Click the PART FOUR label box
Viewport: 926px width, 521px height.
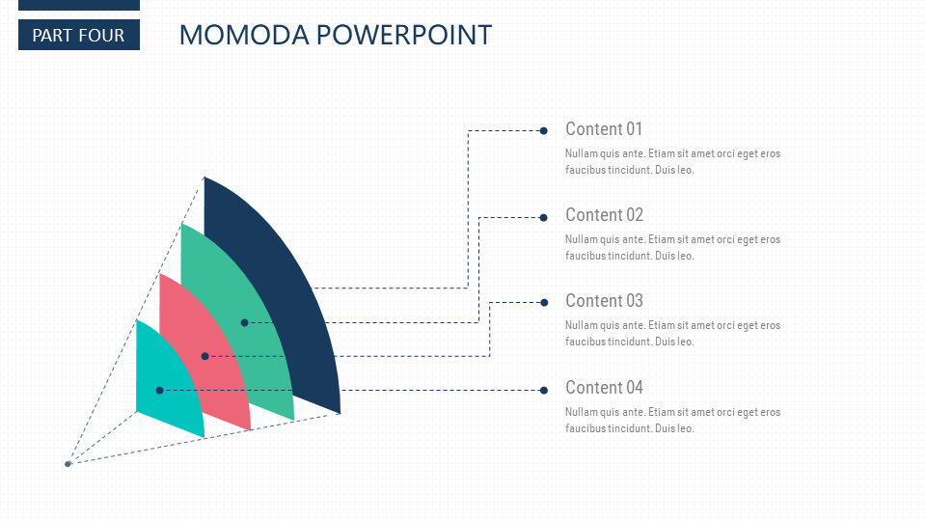tap(79, 35)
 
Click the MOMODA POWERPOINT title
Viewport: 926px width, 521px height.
tap(336, 35)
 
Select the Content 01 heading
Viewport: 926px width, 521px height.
tap(604, 128)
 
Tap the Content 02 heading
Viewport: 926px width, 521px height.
tap(604, 214)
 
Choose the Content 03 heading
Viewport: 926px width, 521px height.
tap(604, 301)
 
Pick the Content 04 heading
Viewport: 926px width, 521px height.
tap(604, 388)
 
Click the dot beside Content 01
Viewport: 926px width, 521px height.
tap(543, 130)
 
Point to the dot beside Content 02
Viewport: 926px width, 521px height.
tap(543, 217)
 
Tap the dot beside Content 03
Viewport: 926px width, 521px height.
tap(544, 302)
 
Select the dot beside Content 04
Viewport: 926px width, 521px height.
tap(543, 390)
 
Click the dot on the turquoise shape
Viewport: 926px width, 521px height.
tap(159, 391)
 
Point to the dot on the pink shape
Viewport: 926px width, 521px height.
tap(204, 356)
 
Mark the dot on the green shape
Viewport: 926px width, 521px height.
tap(244, 322)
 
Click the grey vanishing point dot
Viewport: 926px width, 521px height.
tap(68, 464)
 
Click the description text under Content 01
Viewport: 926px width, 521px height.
tap(672, 161)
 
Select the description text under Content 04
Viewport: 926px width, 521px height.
tap(672, 420)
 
